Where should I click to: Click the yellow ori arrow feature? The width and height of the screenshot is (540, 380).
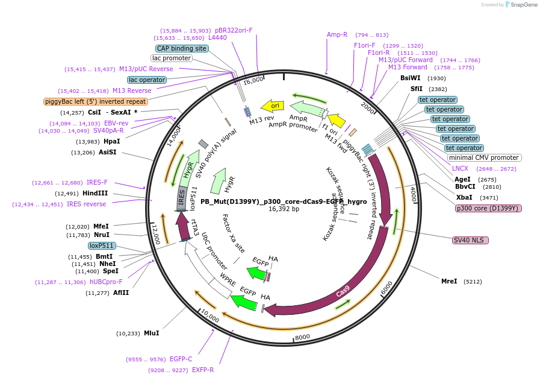pyautogui.click(x=272, y=106)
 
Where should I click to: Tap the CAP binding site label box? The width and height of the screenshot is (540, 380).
pyautogui.click(x=181, y=48)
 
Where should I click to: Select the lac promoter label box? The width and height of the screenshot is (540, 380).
pyautogui.click(x=172, y=59)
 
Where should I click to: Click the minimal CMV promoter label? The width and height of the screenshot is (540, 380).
pyautogui.click(x=484, y=158)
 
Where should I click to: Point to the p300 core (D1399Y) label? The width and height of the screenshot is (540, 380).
pyautogui.click(x=488, y=208)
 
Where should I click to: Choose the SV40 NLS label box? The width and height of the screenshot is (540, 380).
pyautogui.click(x=470, y=240)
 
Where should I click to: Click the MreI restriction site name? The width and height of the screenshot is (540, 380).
pyautogui.click(x=449, y=281)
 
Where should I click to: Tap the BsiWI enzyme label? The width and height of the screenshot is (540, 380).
pyautogui.click(x=411, y=78)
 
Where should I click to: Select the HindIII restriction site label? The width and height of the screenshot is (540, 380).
pyautogui.click(x=95, y=194)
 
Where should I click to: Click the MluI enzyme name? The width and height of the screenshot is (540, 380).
pyautogui.click(x=151, y=333)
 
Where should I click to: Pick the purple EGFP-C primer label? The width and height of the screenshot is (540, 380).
pyautogui.click(x=181, y=359)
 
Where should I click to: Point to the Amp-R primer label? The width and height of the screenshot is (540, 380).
pyautogui.click(x=337, y=34)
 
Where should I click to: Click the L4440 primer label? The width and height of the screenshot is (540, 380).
pyautogui.click(x=217, y=37)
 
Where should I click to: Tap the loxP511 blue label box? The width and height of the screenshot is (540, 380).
pyautogui.click(x=102, y=245)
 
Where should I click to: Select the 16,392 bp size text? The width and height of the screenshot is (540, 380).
pyautogui.click(x=284, y=209)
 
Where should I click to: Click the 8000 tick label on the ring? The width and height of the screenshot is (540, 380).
pyautogui.click(x=302, y=337)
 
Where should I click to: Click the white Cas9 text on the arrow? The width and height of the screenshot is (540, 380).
pyautogui.click(x=343, y=292)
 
